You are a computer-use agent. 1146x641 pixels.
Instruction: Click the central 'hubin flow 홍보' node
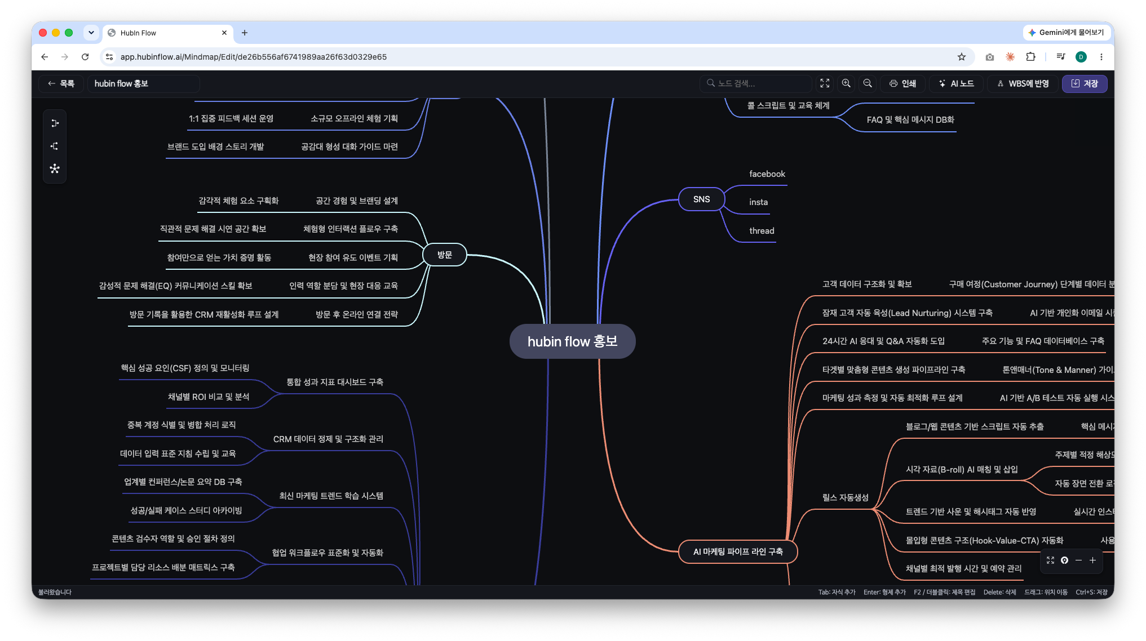pyautogui.click(x=572, y=341)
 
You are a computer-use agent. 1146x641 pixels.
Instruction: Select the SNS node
pyautogui.click(x=701, y=199)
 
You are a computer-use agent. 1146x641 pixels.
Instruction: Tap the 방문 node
pyautogui.click(x=445, y=255)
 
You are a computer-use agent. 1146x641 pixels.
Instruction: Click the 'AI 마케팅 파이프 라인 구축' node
pyautogui.click(x=738, y=551)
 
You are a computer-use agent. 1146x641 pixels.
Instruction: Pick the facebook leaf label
pyautogui.click(x=767, y=174)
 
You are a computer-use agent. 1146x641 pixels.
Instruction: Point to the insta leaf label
pyautogui.click(x=758, y=202)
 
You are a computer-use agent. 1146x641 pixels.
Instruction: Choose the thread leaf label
pyautogui.click(x=762, y=231)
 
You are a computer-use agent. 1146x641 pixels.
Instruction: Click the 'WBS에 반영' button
pyautogui.click(x=1023, y=83)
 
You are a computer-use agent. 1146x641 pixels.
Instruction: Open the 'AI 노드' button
pyautogui.click(x=956, y=83)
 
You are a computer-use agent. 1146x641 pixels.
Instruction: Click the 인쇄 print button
pyautogui.click(x=902, y=83)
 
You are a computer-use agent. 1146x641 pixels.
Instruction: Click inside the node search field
pyautogui.click(x=755, y=83)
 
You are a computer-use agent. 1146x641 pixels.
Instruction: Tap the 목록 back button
pyautogui.click(x=61, y=83)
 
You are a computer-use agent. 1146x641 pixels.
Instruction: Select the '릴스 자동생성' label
pyautogui.click(x=845, y=497)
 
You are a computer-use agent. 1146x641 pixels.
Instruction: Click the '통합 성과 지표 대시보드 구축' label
pyautogui.click(x=335, y=382)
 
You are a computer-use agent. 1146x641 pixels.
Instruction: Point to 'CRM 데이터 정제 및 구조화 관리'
pyautogui.click(x=328, y=439)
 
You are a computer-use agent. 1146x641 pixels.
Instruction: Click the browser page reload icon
pyautogui.click(x=85, y=57)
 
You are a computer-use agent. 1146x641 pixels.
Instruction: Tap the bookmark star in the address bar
pyautogui.click(x=962, y=57)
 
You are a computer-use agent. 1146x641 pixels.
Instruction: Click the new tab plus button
pyautogui.click(x=245, y=33)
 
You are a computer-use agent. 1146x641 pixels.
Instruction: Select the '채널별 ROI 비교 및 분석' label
pyautogui.click(x=209, y=397)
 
